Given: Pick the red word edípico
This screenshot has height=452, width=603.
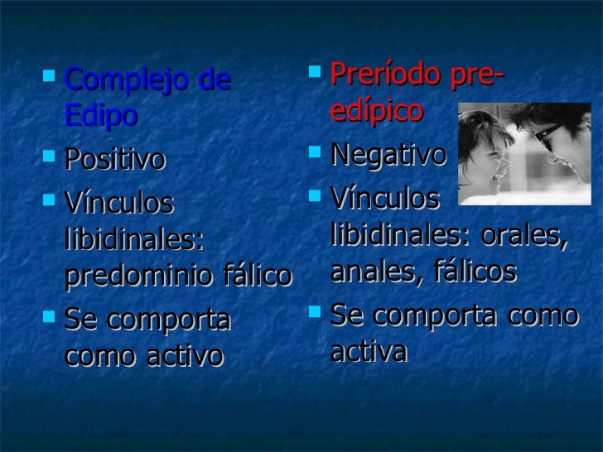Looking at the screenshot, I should point(376,111).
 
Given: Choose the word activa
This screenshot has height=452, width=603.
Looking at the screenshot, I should point(369,351).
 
